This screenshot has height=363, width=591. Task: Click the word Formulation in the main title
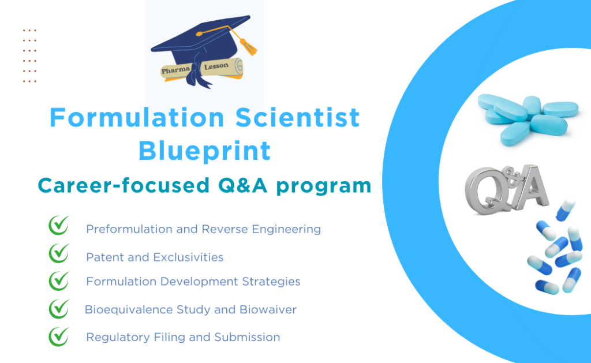click(137, 117)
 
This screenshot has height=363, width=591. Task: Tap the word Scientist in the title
click(297, 117)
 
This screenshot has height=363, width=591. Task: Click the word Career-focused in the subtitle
click(124, 185)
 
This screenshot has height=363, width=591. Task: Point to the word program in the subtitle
click(324, 187)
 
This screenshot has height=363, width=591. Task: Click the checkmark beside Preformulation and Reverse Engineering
click(59, 225)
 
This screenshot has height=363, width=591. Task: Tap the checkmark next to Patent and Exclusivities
click(59, 253)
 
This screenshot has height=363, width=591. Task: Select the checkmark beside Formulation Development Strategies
click(59, 281)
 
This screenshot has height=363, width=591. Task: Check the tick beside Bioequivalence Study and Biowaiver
click(59, 309)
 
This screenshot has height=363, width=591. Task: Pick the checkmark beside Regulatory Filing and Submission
click(59, 336)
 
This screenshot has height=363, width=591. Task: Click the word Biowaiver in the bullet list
click(268, 309)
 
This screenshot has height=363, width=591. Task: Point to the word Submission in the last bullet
click(247, 337)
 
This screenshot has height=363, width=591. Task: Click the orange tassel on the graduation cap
click(248, 46)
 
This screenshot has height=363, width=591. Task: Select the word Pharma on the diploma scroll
click(175, 70)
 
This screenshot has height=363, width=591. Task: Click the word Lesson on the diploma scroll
click(216, 66)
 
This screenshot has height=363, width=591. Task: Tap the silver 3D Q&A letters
click(507, 190)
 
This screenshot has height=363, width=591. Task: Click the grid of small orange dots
click(29, 56)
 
